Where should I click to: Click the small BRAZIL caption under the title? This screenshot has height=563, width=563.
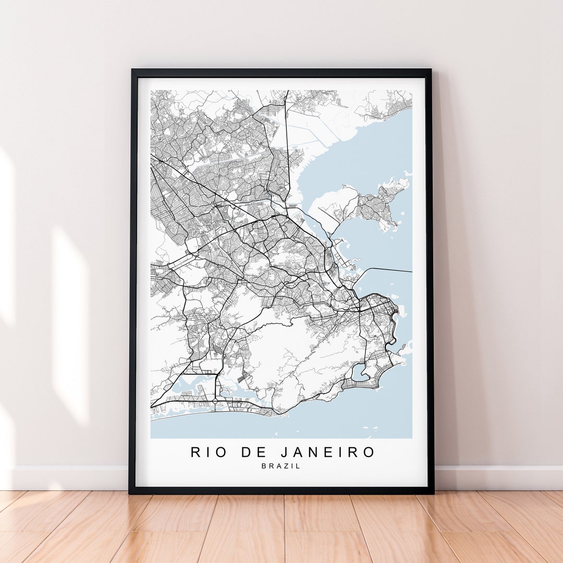[281, 466]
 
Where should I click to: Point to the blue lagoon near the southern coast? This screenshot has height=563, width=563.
[359, 372]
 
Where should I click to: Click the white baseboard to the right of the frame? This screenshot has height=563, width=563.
[495, 478]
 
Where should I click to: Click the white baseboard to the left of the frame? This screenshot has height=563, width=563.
[68, 478]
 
